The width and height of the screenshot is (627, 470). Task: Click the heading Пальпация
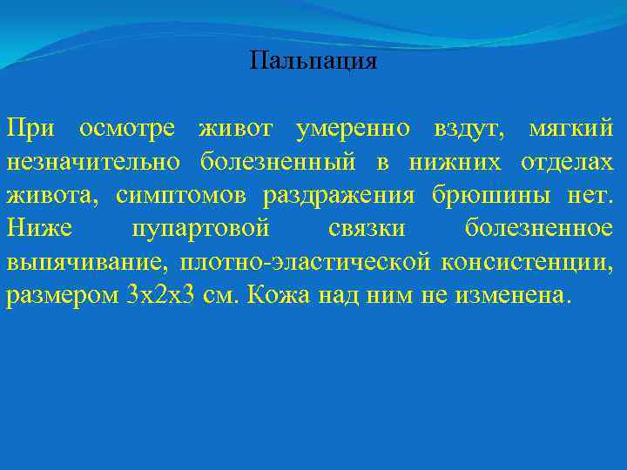tap(313, 61)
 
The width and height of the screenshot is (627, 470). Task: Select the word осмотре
tap(127, 129)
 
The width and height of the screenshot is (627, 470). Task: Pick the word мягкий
tap(571, 129)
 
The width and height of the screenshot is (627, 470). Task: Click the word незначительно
tap(94, 162)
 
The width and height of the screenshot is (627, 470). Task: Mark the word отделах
tap(567, 162)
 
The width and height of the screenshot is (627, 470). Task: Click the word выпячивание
tap(87, 261)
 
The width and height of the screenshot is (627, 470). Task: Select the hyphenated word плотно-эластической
tap(306, 261)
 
